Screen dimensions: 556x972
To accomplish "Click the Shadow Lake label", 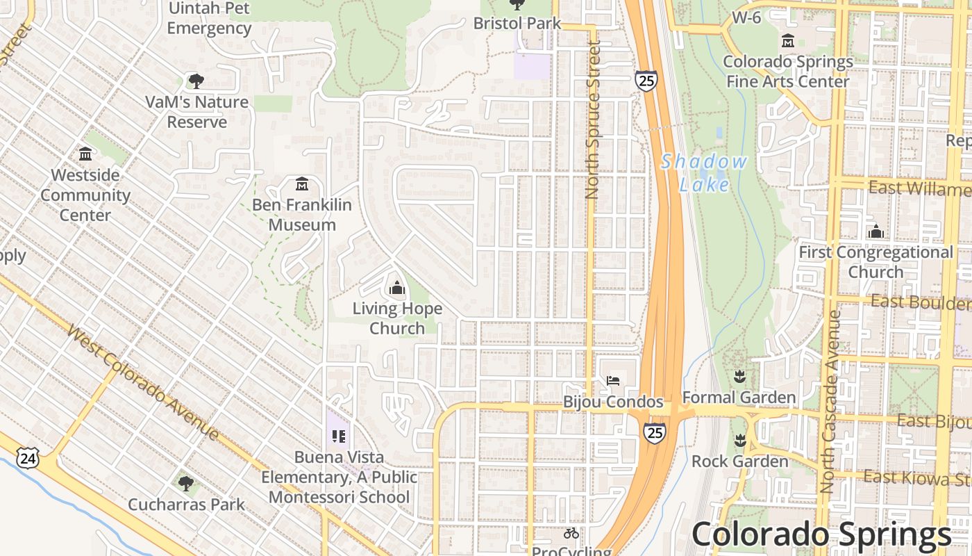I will coord(704,173).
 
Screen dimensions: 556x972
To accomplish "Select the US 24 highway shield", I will coord(28,458).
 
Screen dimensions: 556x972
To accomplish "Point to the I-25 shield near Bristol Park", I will coord(646,81).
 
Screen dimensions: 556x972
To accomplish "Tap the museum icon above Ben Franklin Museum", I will coord(302,185).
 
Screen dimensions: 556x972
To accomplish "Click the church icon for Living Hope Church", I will coord(397,287).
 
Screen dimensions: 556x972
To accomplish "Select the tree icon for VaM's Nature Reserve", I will coord(196,81).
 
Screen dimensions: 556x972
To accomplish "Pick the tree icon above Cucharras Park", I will coord(185,483).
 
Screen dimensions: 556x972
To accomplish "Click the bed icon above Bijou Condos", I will coord(613,380).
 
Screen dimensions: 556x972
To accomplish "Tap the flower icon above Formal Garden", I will coord(739,377).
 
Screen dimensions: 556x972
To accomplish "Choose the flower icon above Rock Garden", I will coord(739,441).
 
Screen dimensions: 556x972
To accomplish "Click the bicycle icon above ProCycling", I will coord(571,533).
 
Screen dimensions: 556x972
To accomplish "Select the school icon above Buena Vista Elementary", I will coord(339,436).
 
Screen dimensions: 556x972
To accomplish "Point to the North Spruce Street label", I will coord(592,120).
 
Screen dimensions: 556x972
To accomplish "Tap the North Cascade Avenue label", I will coord(828,402).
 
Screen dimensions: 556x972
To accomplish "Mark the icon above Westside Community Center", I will coord(85,154).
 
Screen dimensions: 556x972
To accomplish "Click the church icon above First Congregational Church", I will coord(876,231).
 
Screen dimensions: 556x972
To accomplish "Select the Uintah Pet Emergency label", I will coord(209,19).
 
